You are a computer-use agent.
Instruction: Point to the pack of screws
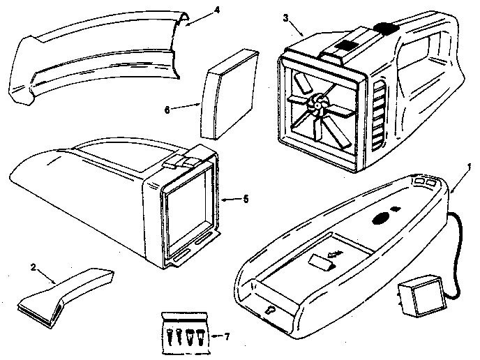[183, 329]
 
